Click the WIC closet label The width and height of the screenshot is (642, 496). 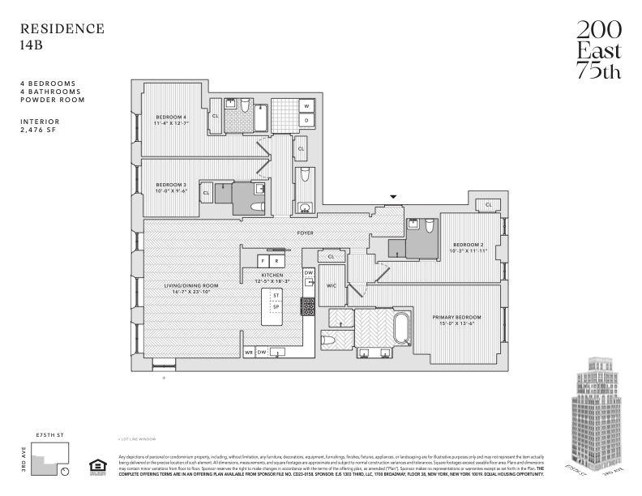(331, 286)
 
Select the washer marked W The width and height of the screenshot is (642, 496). (307, 106)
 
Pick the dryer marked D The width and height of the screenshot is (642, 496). (307, 120)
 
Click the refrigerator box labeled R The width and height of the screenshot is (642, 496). (276, 261)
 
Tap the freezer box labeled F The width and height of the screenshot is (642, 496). (263, 261)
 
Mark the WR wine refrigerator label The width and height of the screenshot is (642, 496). (249, 353)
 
